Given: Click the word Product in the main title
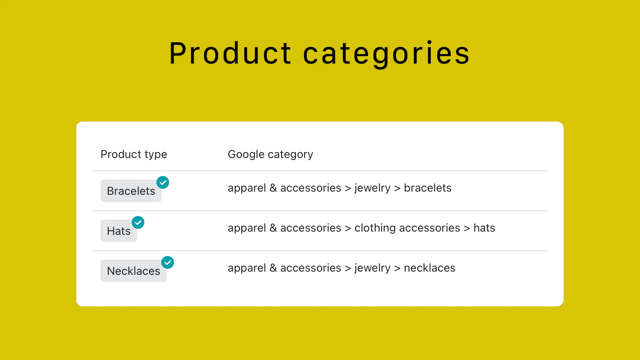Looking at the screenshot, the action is point(230,54).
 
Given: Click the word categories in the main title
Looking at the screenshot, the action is point(386,54).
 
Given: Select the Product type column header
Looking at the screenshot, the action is point(134,154).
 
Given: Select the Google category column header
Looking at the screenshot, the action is point(270,154).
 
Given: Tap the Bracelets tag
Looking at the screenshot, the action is point(131,191).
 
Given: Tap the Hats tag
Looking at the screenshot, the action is point(118,231).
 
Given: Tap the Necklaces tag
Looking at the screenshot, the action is point(134,271).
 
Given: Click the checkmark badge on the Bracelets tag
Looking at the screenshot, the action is point(163,182).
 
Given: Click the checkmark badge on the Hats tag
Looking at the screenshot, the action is point(138,222).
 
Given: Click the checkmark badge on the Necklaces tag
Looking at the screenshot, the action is point(168,262).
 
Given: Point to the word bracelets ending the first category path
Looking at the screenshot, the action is point(428,188).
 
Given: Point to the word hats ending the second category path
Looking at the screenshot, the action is point(484,228).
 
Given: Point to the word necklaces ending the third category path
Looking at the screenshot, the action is point(430,268).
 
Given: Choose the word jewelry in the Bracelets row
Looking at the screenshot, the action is point(372,188).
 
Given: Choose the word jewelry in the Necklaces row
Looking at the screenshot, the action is point(372,268).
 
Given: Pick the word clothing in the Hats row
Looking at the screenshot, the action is point(375,228).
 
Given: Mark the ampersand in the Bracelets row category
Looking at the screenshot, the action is point(273,188).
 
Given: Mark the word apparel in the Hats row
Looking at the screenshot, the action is point(247,228).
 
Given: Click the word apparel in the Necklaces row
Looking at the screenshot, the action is point(247,268).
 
